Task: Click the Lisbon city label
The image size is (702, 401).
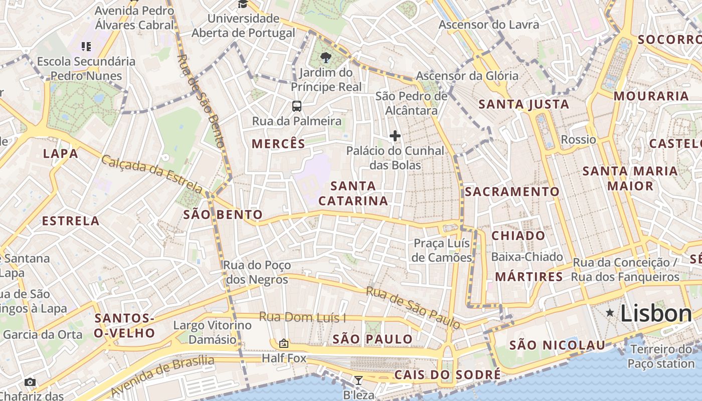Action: click(656, 314)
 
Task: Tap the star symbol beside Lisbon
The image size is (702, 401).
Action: click(610, 313)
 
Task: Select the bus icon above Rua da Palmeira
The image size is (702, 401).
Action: click(297, 106)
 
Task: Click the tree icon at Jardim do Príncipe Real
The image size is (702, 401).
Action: click(326, 57)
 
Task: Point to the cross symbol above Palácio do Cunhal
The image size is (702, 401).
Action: click(395, 135)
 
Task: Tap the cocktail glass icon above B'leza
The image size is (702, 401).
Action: click(358, 380)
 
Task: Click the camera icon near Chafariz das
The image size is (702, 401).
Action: click(30, 382)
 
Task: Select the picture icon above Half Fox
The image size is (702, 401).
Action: click(284, 343)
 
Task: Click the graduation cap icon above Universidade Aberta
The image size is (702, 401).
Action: click(243, 5)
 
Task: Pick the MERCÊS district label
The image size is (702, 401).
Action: click(278, 144)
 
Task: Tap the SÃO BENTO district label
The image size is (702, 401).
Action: click(223, 215)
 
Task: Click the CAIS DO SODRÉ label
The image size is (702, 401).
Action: click(447, 375)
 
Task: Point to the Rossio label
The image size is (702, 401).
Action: click(578, 139)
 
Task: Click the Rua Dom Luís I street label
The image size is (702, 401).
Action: click(302, 317)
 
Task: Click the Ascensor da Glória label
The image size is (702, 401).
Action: click(467, 76)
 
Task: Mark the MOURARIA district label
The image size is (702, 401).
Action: click(651, 96)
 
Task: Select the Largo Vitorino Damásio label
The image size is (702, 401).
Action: click(212, 332)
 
